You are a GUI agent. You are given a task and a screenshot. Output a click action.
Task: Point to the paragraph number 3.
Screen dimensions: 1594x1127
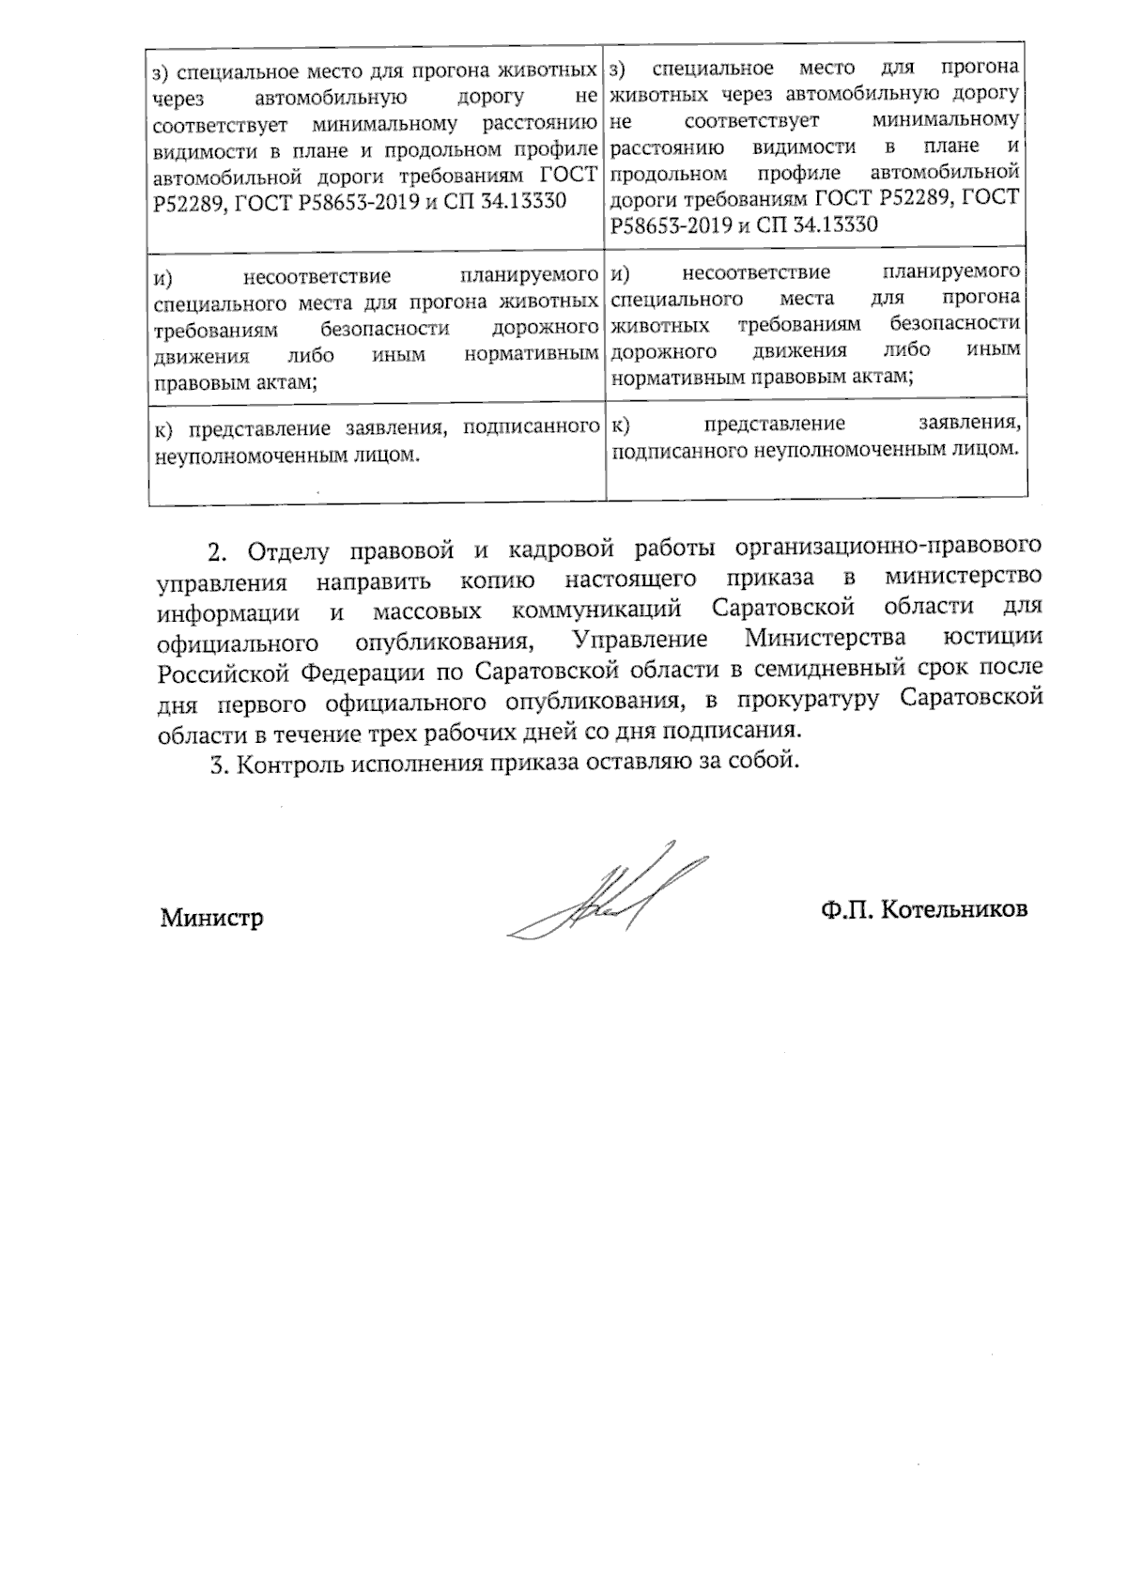(x=220, y=764)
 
